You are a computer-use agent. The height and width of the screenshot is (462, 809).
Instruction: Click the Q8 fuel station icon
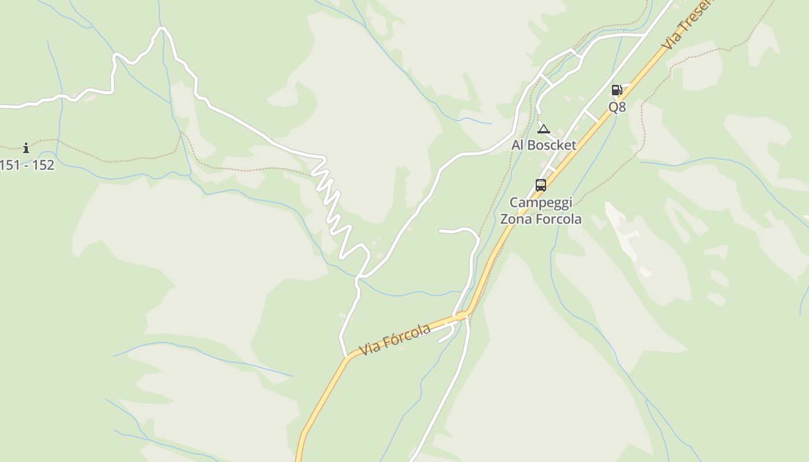tap(617, 90)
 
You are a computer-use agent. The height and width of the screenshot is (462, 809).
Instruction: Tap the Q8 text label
tap(617, 107)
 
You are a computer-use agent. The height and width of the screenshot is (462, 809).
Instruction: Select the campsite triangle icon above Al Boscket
tap(543, 129)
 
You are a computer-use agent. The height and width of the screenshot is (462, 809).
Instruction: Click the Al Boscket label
tap(544, 145)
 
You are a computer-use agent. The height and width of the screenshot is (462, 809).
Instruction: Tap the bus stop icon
tap(541, 185)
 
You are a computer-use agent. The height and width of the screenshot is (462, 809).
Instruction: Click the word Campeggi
tap(541, 203)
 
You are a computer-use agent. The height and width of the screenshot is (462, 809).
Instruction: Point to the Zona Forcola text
tap(541, 219)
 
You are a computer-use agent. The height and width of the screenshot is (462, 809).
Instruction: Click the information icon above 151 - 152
tap(26, 148)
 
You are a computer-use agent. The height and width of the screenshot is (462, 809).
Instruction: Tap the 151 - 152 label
tap(27, 165)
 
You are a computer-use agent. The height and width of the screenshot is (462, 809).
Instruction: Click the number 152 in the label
tap(43, 165)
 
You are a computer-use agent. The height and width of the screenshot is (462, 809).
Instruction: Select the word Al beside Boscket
tap(518, 145)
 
